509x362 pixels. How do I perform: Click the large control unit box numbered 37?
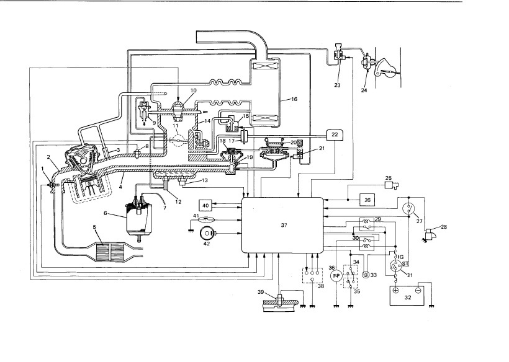[x=282, y=225]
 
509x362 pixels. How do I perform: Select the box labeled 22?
[x=335, y=135]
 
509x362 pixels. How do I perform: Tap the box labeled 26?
[x=367, y=200]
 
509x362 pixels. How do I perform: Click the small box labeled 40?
[x=205, y=205]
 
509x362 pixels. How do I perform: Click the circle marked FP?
[x=336, y=276]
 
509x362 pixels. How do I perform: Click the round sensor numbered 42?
[x=206, y=233]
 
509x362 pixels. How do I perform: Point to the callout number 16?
[x=294, y=99]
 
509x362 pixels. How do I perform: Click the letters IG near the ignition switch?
[x=400, y=257]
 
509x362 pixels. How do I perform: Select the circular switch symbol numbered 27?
[x=408, y=208]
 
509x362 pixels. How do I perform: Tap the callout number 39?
[x=261, y=292]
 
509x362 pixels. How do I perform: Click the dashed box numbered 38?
[x=312, y=275]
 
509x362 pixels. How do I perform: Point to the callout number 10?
[x=194, y=90]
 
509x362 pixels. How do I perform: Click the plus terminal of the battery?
[x=395, y=290]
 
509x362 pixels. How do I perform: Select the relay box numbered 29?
[x=367, y=224]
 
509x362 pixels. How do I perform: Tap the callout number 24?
[x=364, y=90]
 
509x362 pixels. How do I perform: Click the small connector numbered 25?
[x=391, y=186]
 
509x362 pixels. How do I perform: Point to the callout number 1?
[x=42, y=168]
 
